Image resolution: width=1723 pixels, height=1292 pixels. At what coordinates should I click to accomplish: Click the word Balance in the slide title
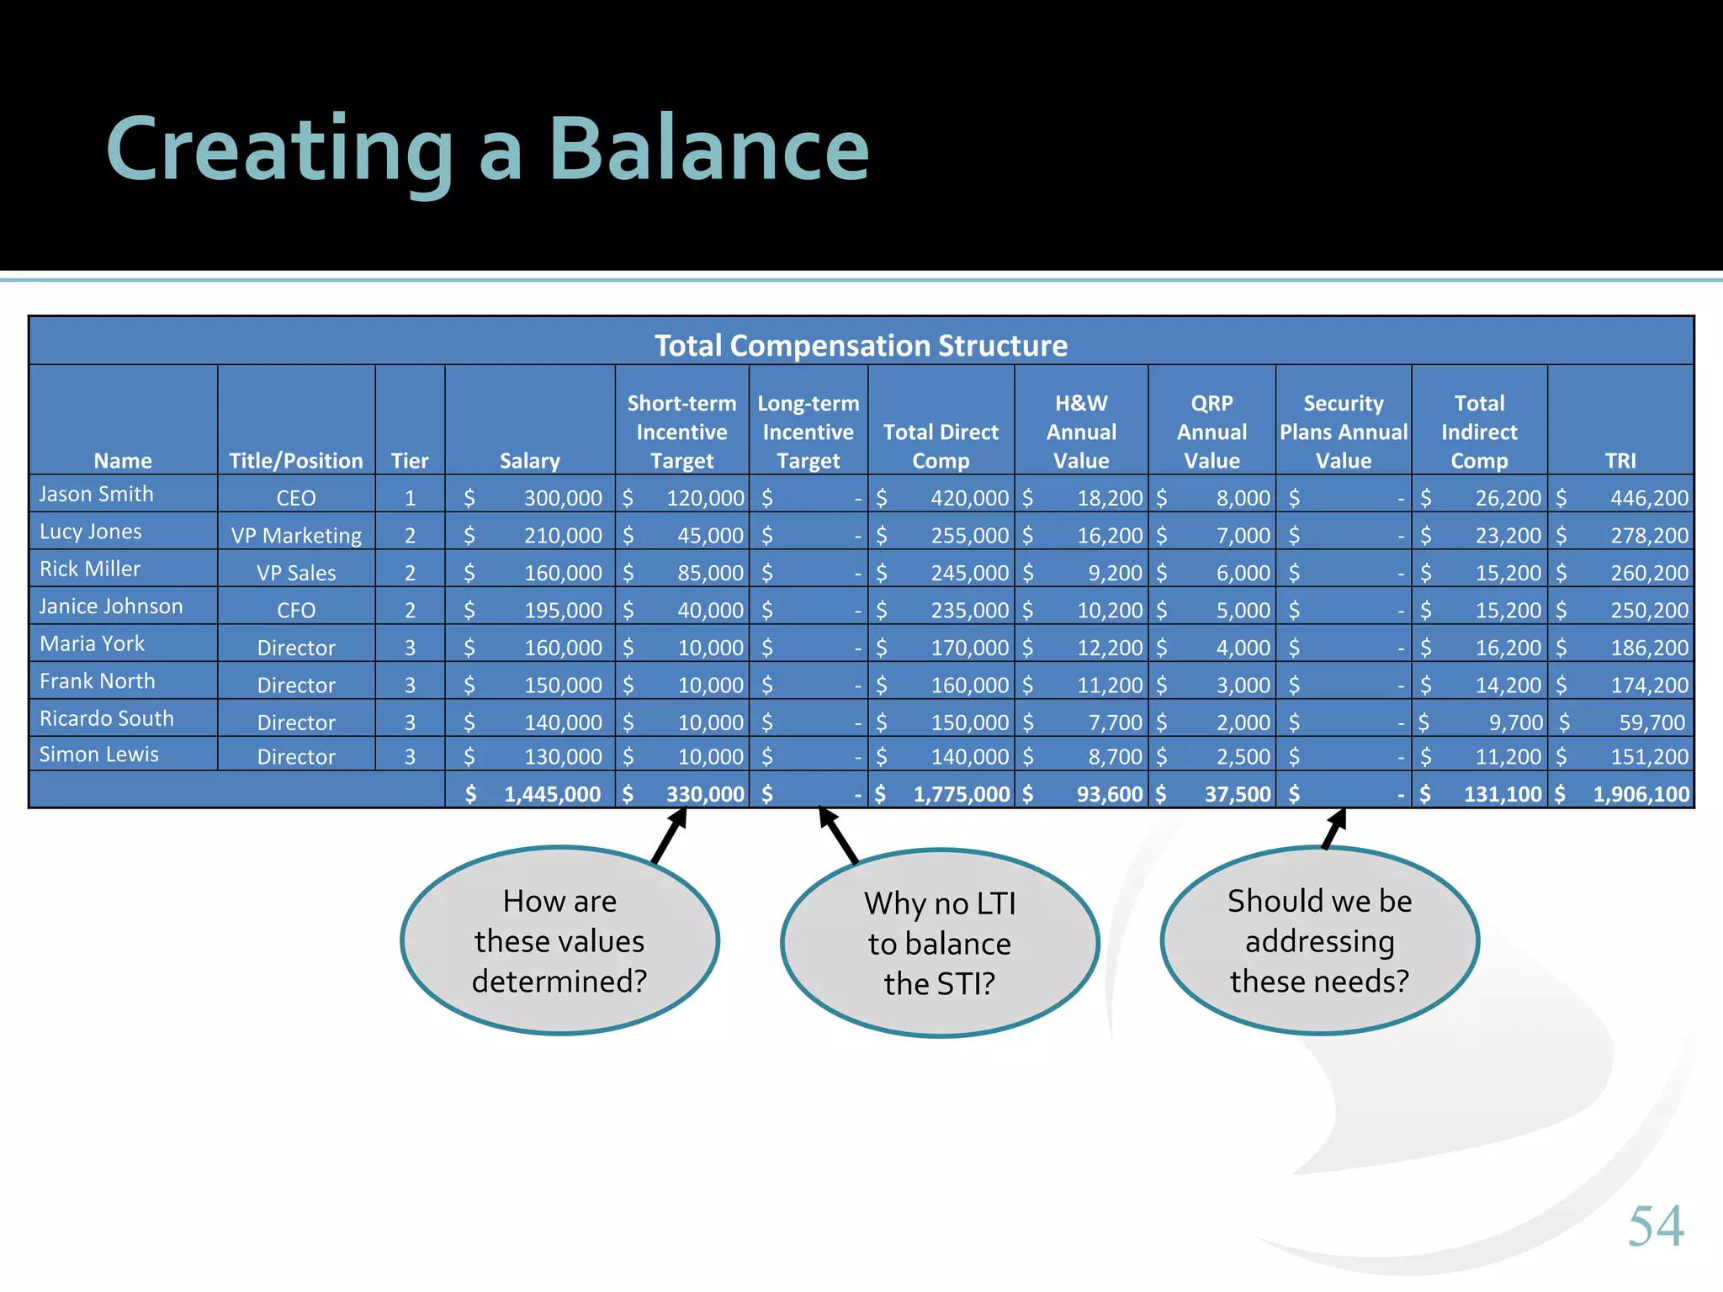708,150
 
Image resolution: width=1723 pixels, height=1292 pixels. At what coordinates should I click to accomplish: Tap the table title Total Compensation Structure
861,346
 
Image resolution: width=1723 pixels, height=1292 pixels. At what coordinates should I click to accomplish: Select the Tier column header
410,460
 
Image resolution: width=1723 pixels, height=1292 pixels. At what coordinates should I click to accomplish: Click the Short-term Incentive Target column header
681,432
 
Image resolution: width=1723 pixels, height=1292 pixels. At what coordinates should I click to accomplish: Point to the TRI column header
1620,460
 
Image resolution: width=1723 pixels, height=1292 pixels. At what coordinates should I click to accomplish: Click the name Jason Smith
97,494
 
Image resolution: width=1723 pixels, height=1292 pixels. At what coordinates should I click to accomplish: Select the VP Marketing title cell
296,536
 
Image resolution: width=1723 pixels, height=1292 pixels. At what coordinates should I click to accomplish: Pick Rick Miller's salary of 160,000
562,573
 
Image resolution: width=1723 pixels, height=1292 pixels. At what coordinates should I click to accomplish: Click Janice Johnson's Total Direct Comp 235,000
968,611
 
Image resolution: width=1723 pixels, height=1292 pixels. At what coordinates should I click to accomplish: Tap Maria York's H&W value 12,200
1109,648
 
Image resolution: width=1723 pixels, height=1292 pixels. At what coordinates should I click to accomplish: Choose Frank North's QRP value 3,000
1243,686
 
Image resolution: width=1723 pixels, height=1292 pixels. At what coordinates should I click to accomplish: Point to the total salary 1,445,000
552,794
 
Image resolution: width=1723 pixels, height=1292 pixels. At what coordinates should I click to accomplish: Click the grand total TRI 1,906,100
1641,794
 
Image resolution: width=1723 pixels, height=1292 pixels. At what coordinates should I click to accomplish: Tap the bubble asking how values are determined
559,940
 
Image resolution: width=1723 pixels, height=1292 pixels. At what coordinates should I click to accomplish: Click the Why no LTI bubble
940,943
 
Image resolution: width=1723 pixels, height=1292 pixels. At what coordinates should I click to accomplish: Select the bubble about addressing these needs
1319,940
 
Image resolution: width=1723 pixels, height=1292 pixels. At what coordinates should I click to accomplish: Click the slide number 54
1656,1226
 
